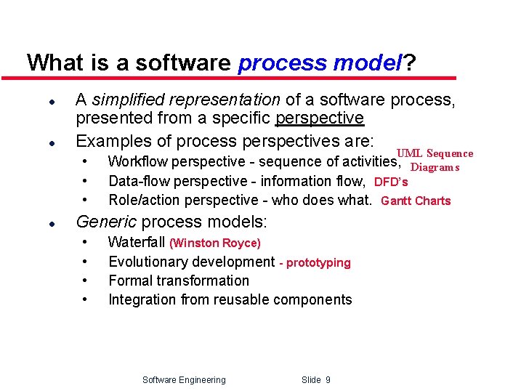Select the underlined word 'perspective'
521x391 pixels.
point(320,118)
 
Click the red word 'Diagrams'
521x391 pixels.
point(435,167)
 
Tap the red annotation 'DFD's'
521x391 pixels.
point(391,182)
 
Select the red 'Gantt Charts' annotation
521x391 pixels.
point(416,201)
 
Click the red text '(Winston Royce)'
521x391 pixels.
point(215,243)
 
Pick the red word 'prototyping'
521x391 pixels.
point(318,262)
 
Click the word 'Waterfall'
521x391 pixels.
point(137,243)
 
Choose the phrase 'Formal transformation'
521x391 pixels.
point(178,281)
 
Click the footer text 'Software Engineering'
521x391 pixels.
point(184,379)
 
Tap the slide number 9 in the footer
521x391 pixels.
point(328,379)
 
